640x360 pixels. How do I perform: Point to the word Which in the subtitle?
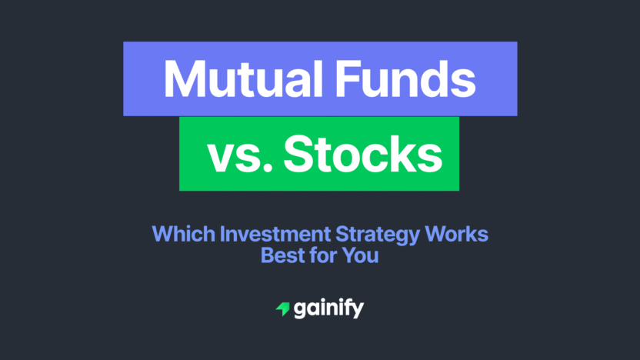[x=176, y=234]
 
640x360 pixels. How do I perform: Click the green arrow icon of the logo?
[x=282, y=309]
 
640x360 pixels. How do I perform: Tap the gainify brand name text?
[x=328, y=309]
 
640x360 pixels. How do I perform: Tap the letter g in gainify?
[x=301, y=311]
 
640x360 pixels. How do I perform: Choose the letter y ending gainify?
[x=357, y=312]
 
